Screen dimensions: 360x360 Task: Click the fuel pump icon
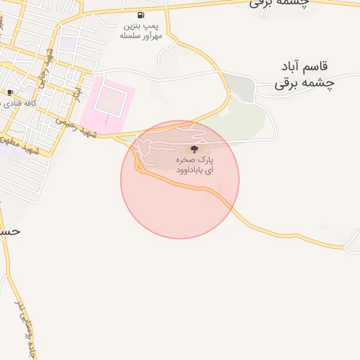click(141, 15)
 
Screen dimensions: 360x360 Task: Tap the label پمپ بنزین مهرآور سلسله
click(141, 30)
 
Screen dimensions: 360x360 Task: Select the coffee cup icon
click(10, 92)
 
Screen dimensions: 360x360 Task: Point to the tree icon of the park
click(193, 148)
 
